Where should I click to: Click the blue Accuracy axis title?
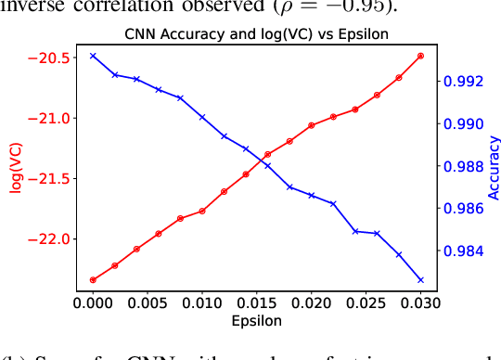[494, 168]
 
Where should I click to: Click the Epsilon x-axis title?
[257, 320]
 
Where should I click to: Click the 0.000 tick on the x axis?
[93, 302]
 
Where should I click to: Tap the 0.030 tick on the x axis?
[420, 302]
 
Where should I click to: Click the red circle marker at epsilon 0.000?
[93, 279]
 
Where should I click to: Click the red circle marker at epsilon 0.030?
[420, 56]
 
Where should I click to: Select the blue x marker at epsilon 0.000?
[93, 56]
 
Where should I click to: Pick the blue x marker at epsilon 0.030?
[420, 280]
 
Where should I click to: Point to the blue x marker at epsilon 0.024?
[355, 231]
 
